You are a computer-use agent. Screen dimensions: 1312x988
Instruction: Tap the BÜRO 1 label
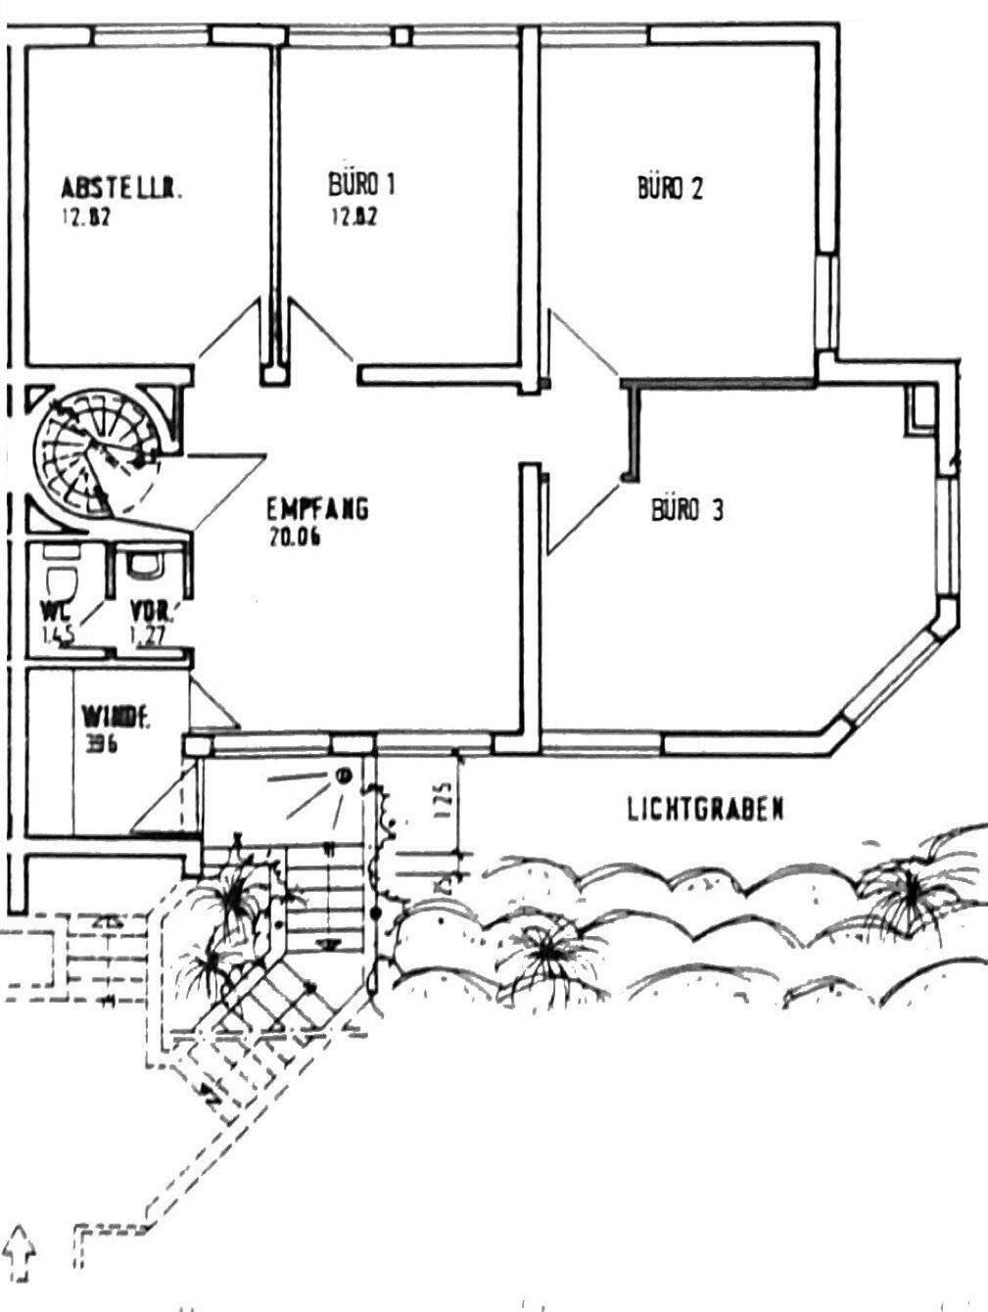(x=362, y=184)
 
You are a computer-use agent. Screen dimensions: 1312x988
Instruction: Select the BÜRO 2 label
(x=670, y=188)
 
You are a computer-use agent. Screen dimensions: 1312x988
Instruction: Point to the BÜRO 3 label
(x=687, y=510)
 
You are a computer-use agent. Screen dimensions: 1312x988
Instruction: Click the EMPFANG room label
(x=317, y=509)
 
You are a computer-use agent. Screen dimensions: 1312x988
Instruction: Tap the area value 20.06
(x=294, y=537)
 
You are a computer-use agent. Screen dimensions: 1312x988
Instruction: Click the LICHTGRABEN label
(x=705, y=810)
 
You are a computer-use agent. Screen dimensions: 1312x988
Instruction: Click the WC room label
(x=53, y=612)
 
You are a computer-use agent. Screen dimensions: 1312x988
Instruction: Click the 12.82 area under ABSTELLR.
(x=84, y=217)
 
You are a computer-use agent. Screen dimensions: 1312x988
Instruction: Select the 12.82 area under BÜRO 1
(x=353, y=217)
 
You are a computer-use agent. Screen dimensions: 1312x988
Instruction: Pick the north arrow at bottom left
(x=21, y=1253)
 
